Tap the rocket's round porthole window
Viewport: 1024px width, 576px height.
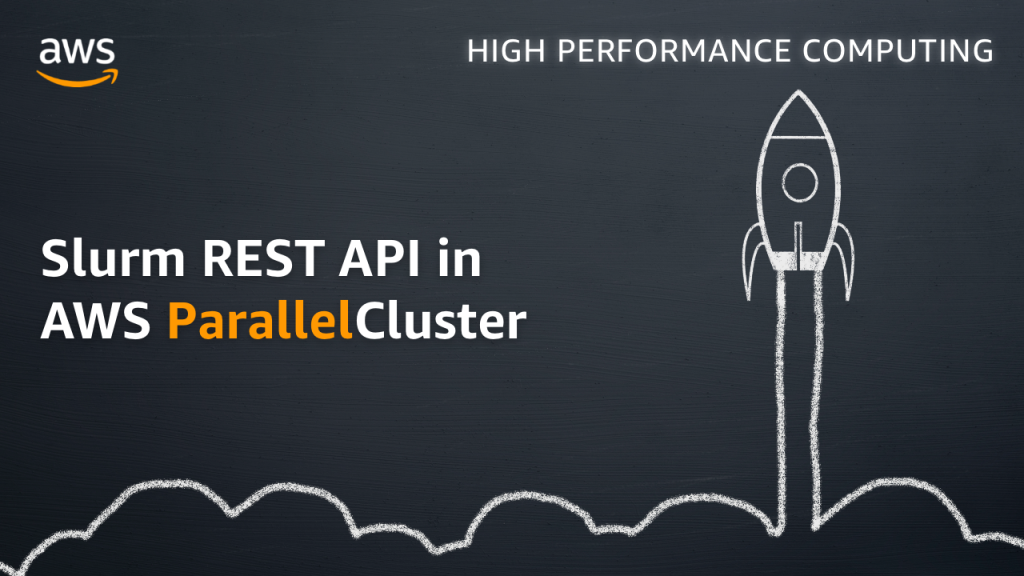click(x=799, y=182)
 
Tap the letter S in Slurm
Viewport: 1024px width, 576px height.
click(x=54, y=260)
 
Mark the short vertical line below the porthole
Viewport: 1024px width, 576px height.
click(x=798, y=236)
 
